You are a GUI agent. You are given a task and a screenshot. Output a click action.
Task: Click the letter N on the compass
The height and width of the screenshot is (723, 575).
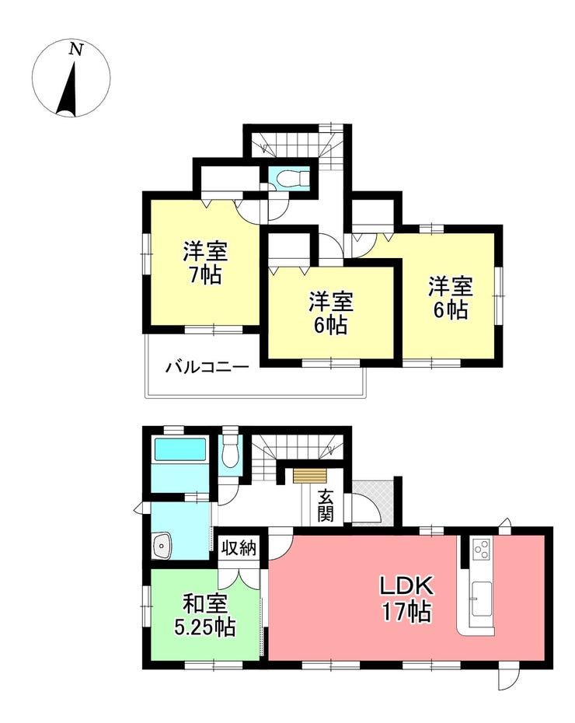click(75, 49)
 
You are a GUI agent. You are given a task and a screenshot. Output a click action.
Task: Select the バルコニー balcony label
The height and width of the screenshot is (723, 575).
click(207, 368)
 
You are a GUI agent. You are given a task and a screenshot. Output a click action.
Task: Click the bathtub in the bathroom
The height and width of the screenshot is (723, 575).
click(180, 449)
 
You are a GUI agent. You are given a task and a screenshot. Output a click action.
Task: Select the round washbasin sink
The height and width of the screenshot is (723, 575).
click(162, 546)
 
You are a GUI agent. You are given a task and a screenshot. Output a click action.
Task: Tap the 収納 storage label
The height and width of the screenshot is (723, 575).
click(239, 548)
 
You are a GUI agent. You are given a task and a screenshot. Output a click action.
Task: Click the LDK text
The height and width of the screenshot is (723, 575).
click(406, 585)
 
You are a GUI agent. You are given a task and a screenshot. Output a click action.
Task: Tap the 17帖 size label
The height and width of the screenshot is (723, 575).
click(406, 613)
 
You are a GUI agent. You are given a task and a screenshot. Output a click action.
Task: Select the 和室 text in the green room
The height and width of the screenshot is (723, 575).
click(205, 605)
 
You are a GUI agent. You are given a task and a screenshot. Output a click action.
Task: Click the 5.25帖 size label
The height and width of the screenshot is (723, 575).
click(205, 627)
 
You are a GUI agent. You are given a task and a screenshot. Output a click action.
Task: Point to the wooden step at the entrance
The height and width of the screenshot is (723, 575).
click(309, 476)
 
